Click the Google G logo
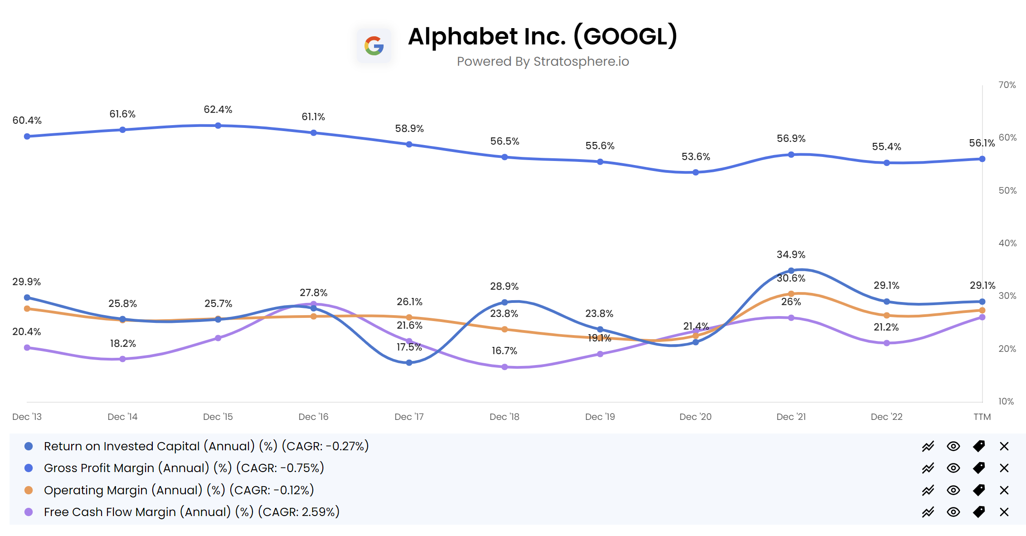pos(374,46)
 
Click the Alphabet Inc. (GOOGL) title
pos(542,36)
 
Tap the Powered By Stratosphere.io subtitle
pos(542,61)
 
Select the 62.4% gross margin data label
pos(218,109)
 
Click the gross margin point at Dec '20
pos(695,172)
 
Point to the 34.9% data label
pos(791,254)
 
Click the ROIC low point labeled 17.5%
pos(409,362)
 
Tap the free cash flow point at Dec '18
pos(505,367)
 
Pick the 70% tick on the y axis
pos(1007,85)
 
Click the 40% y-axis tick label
pos(1007,243)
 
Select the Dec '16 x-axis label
pos(313,417)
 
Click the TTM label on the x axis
pos(982,417)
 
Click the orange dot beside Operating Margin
pos(29,490)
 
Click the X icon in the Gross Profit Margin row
pos(1004,468)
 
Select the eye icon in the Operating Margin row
pos(953,490)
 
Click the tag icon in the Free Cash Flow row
pos(978,512)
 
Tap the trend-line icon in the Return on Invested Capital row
pos(928,446)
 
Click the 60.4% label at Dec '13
pos(27,120)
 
